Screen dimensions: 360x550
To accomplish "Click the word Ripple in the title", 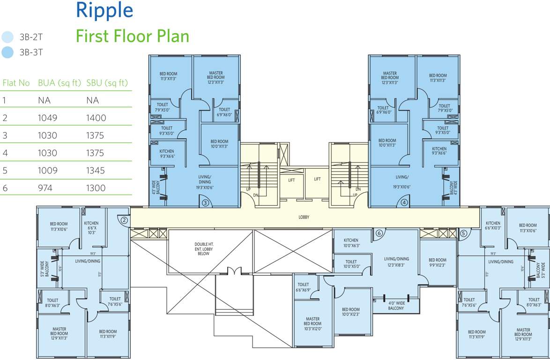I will point(104,10).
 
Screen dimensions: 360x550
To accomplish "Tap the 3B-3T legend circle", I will point(7,52).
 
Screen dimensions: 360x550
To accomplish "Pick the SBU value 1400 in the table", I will point(96,118).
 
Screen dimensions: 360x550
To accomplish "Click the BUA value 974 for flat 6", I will point(46,188).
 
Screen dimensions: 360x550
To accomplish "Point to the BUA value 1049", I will point(47,118).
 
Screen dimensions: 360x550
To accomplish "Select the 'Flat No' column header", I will point(16,83).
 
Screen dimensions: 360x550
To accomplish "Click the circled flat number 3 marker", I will point(205,203).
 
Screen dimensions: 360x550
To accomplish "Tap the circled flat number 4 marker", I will point(404,203).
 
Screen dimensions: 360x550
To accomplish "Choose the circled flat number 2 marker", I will point(124,220).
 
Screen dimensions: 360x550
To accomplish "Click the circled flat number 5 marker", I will point(463,233).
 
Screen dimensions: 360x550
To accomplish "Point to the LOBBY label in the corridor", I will point(304,217).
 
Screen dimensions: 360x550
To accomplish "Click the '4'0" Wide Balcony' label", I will point(396,306).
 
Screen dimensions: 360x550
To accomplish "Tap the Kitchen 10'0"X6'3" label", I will point(350,243).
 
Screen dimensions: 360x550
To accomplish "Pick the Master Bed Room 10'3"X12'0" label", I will point(312,324).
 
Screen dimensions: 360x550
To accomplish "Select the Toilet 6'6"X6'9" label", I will point(303,287).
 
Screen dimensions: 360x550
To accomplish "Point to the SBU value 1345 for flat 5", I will point(96,171).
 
